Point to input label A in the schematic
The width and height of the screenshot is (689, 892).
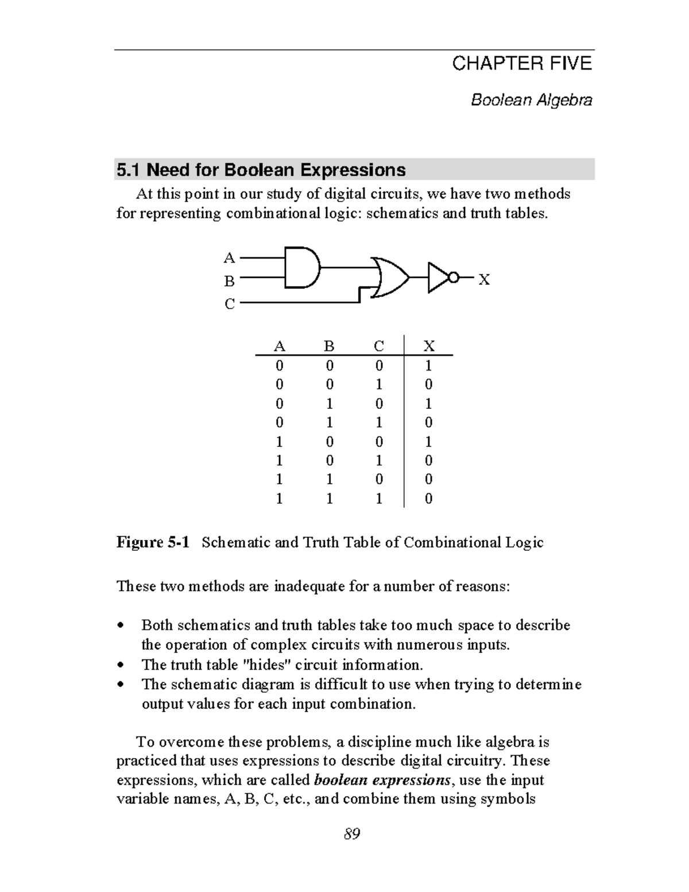[x=229, y=258]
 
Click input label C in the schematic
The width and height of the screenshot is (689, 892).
[x=229, y=304]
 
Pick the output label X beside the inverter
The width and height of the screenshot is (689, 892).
[x=485, y=280]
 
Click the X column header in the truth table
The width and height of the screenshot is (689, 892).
[x=429, y=346]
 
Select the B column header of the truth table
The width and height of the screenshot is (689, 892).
[x=329, y=346]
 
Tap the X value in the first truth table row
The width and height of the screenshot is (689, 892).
[x=428, y=366]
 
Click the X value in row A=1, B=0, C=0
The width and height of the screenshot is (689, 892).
[x=428, y=442]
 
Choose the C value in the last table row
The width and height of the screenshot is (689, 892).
[x=379, y=499]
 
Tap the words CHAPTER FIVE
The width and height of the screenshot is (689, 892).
[x=521, y=64]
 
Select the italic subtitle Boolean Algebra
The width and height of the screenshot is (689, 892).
[x=531, y=101]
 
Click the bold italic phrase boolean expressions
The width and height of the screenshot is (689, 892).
[x=382, y=780]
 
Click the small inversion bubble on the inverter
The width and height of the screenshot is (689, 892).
[x=453, y=279]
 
